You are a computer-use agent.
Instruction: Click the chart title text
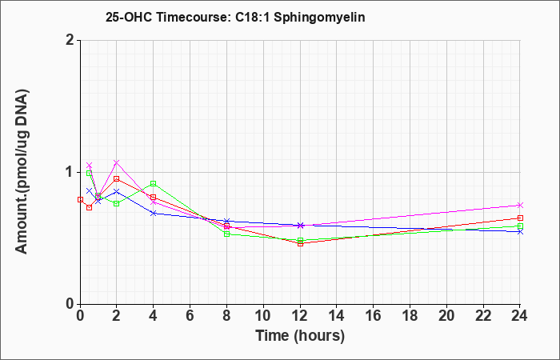point(235,17)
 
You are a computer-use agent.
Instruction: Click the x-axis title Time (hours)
point(300,336)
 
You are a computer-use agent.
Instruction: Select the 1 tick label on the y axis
point(70,172)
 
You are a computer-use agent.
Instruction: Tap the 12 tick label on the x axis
point(300,316)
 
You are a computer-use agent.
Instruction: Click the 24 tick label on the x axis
point(519,316)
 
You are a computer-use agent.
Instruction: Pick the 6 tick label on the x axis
point(190,316)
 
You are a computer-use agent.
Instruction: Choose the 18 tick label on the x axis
point(410,316)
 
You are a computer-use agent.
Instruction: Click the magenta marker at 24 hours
point(520,205)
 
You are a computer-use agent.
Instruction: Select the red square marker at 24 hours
point(520,218)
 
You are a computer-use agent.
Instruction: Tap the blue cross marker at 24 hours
point(520,232)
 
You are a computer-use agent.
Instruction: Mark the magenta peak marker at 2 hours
point(117,162)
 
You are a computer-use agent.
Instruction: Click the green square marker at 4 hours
point(154,183)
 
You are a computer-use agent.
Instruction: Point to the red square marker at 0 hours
point(80,200)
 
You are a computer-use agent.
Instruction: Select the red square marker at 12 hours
point(300,244)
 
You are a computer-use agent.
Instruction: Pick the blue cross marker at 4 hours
point(154,214)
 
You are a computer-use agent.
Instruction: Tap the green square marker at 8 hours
point(226,234)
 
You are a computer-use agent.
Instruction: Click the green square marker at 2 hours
point(117,203)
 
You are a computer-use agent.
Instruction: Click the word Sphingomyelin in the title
point(319,18)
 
